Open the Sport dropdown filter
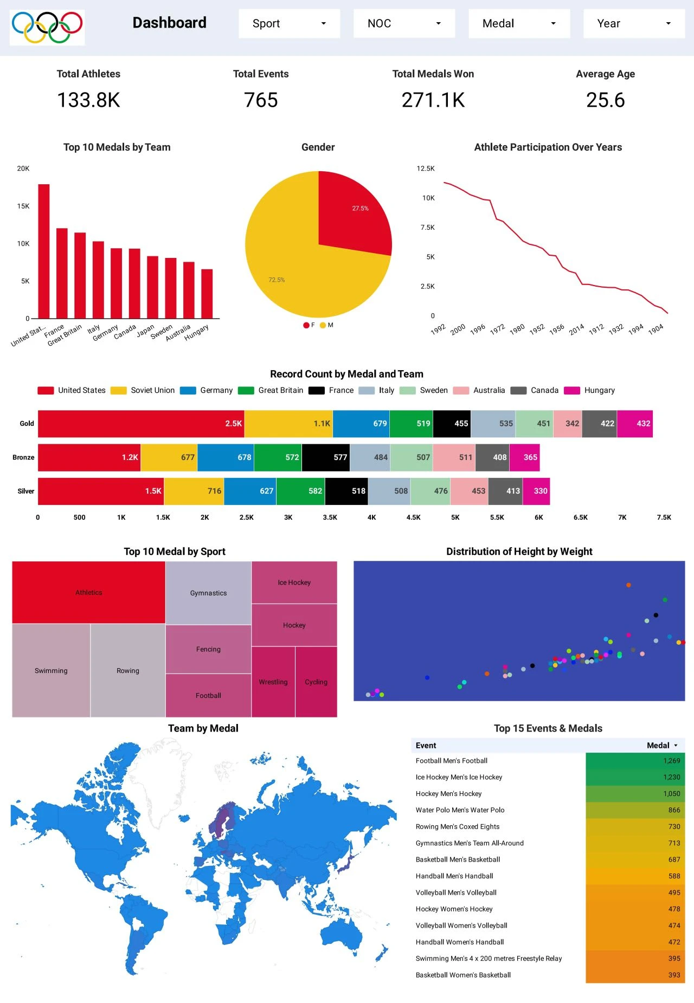[x=289, y=23]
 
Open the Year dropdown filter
[x=634, y=23]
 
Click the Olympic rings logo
[x=47, y=27]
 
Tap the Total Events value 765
[x=261, y=100]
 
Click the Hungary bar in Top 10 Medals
[x=207, y=293]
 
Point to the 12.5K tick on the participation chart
[x=426, y=169]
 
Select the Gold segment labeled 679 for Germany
[x=361, y=423]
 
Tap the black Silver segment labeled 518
[x=346, y=491]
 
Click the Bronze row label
[x=23, y=457]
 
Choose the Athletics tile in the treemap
[x=88, y=592]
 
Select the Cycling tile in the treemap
[x=316, y=682]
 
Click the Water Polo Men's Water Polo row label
[x=460, y=810]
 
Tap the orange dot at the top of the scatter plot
[x=628, y=585]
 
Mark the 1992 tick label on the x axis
[x=438, y=329]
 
